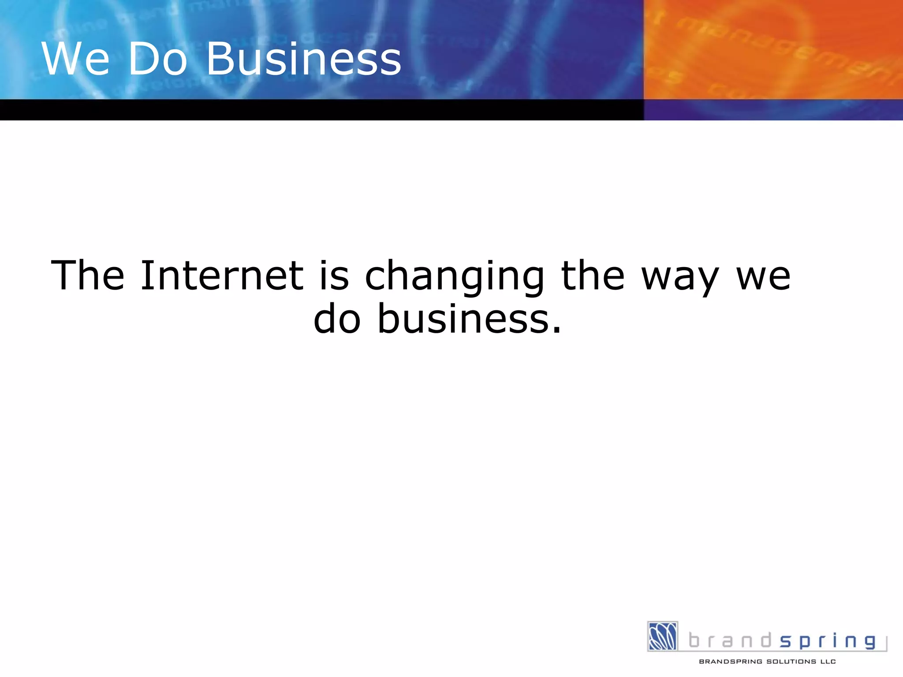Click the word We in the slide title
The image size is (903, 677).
75,59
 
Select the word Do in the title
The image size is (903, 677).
158,59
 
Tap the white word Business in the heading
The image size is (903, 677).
304,59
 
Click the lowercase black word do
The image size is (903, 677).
337,319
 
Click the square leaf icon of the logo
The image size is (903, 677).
662,636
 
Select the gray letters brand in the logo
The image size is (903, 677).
730,640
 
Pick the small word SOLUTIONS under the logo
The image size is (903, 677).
791,662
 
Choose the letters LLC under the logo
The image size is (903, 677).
828,662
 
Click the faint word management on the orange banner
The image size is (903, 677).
785,48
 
